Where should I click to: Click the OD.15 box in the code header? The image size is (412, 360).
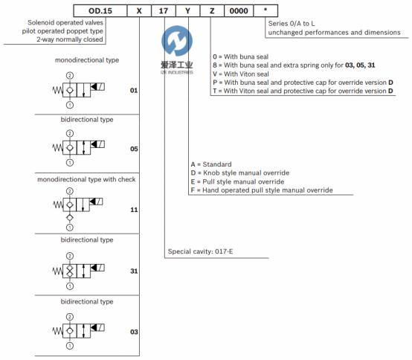(100, 10)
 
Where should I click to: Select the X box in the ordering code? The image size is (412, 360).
(139, 10)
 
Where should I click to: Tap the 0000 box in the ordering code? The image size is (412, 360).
(239, 10)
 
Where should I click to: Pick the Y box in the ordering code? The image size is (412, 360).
(187, 10)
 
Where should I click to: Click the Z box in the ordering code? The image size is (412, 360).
(212, 10)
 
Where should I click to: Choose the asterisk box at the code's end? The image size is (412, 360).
(265, 10)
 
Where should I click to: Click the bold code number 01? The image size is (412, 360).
(134, 91)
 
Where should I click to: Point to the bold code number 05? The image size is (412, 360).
(134, 149)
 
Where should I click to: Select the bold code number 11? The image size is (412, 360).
(134, 210)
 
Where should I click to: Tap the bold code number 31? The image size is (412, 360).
(134, 271)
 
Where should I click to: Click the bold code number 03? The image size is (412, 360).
(134, 332)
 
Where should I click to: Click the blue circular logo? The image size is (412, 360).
(177, 41)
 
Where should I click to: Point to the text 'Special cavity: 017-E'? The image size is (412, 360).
(200, 251)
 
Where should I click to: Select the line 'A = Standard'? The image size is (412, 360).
(211, 164)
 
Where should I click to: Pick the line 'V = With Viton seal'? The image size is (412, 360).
(241, 74)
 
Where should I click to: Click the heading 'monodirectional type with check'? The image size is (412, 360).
(86, 179)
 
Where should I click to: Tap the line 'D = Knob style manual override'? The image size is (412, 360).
(240, 173)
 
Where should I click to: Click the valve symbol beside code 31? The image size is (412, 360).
(78, 271)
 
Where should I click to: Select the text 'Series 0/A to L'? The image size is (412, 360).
(292, 24)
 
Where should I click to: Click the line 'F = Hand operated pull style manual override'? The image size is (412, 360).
(262, 190)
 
